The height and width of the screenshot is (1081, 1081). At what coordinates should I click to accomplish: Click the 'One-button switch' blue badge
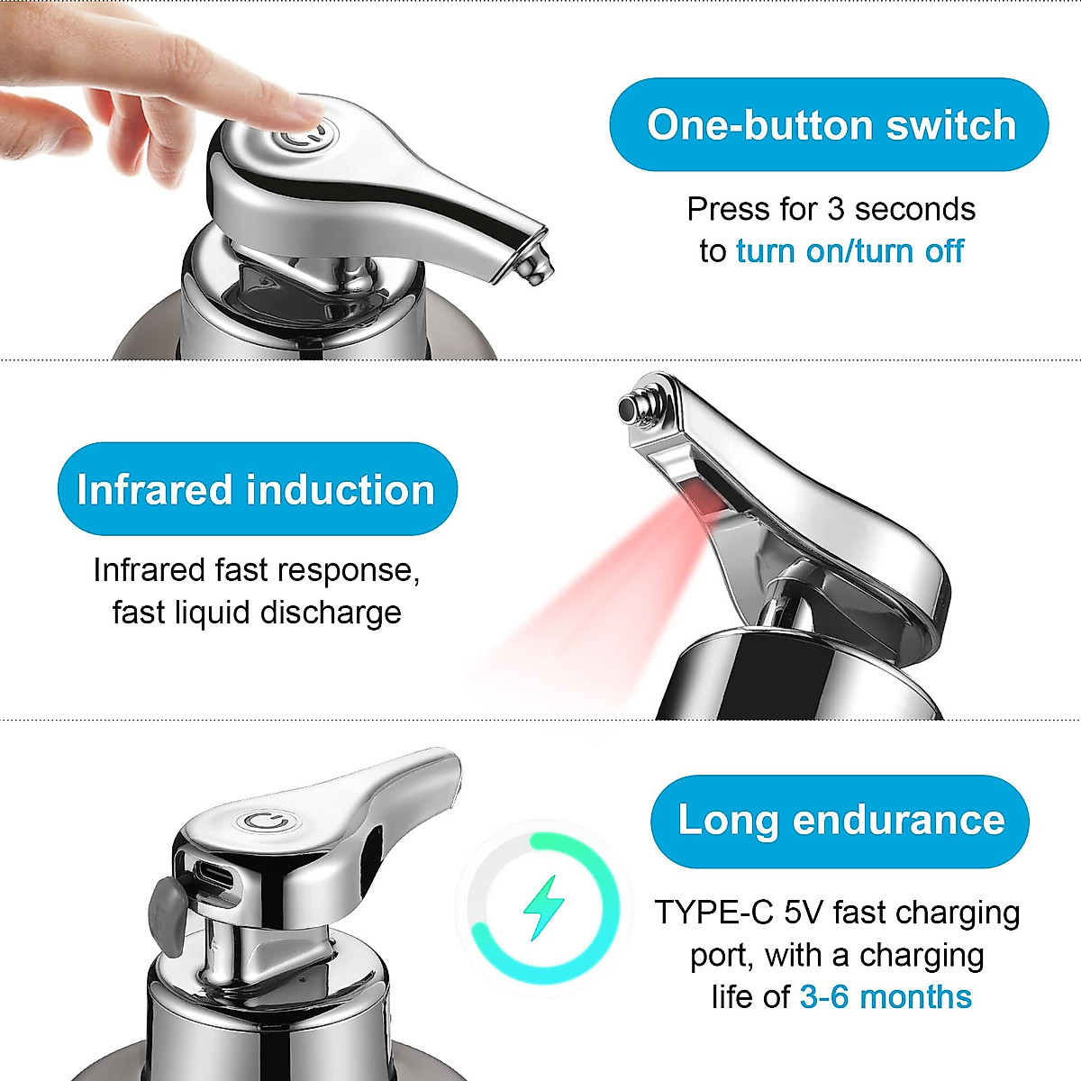(x=829, y=124)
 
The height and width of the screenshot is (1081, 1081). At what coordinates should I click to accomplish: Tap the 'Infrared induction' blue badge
(x=257, y=489)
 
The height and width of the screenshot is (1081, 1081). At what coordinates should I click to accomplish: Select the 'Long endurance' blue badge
(x=840, y=820)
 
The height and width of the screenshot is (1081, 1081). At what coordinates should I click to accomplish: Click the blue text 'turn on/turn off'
(x=849, y=250)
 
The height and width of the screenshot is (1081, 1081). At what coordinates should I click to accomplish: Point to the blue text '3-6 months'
(x=886, y=997)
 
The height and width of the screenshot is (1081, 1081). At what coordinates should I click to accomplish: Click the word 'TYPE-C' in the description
(x=713, y=913)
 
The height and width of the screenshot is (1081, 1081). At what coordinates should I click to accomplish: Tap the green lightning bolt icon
(x=544, y=907)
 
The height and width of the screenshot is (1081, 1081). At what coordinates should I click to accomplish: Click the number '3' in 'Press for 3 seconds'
(x=835, y=209)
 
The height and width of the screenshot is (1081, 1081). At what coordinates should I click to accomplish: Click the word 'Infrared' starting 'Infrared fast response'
(x=149, y=570)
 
